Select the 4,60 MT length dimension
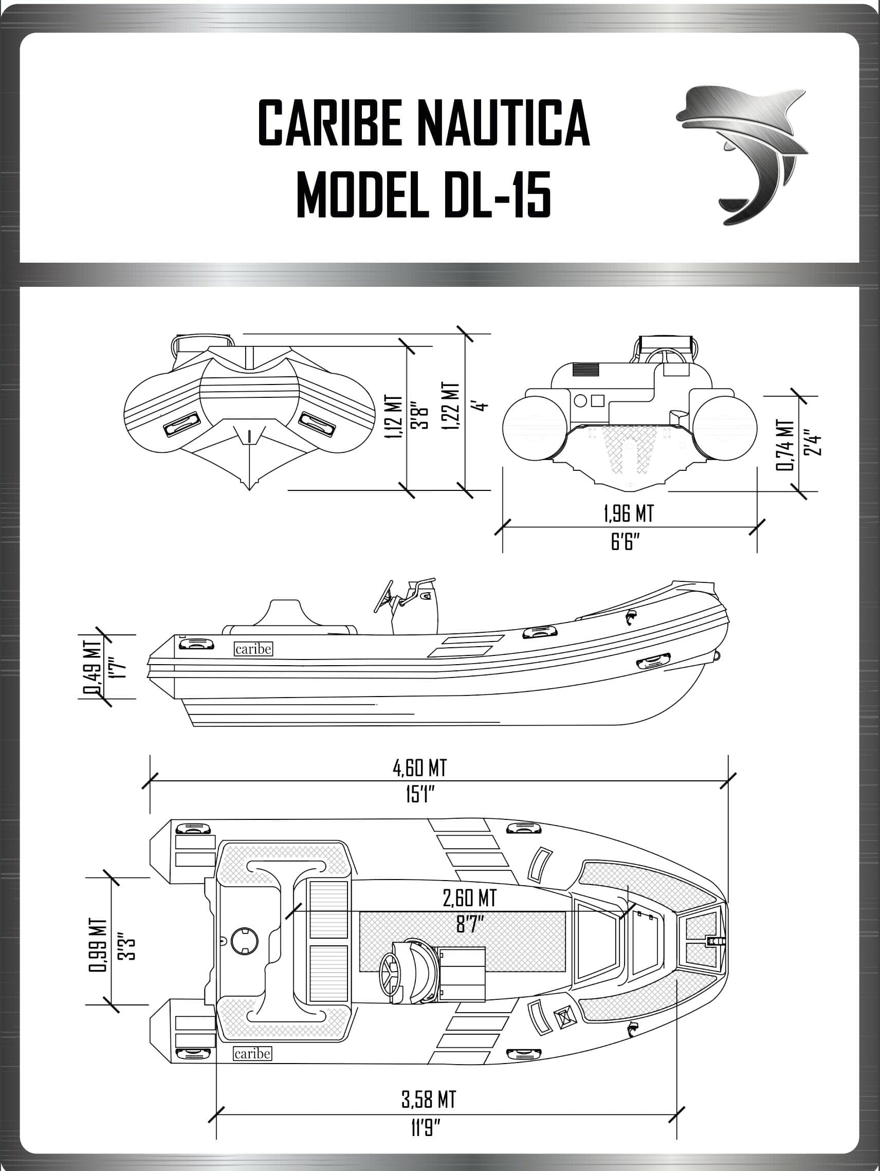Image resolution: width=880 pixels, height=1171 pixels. [x=419, y=767]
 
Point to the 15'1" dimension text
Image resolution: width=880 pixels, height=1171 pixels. [x=420, y=794]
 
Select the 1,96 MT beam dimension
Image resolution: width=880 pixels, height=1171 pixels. [x=629, y=514]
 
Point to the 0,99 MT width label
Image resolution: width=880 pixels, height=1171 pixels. [x=97, y=945]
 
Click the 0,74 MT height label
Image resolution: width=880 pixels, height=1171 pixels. [x=785, y=445]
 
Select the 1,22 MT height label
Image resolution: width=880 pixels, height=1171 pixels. [x=450, y=407]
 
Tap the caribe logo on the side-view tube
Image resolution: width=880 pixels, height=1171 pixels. [x=253, y=649]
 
